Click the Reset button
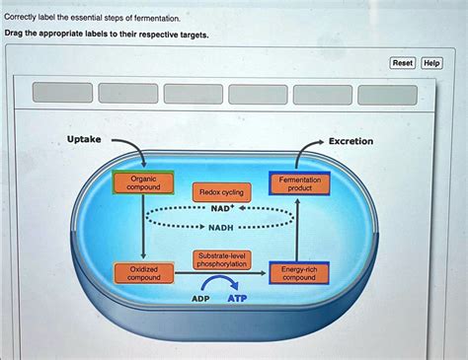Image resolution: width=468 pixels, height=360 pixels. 403,63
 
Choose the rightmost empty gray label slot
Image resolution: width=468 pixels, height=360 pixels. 387,94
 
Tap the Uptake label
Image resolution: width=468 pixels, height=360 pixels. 83,140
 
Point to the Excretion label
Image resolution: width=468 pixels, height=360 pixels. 351,141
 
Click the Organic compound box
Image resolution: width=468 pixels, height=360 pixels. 143,182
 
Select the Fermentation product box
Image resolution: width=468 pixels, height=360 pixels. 299,184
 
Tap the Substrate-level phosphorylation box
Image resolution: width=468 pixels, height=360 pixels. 221,259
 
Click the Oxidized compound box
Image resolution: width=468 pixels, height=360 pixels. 144,273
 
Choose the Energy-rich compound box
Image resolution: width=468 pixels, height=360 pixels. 298,273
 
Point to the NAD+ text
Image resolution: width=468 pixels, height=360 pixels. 222,209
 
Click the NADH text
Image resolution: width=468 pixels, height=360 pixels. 221,227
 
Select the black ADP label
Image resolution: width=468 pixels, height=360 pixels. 200,298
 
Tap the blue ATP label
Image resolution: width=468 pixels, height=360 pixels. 238,298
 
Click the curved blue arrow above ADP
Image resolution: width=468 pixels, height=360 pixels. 220,281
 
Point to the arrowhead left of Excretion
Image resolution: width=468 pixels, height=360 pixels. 318,141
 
